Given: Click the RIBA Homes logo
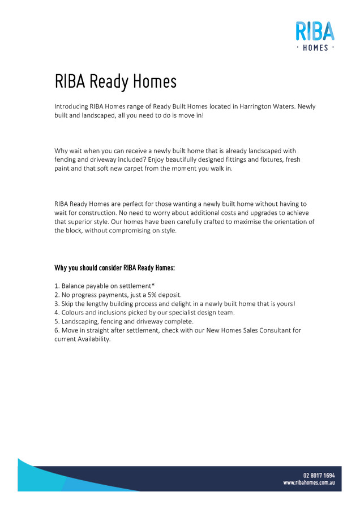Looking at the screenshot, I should pos(315,35).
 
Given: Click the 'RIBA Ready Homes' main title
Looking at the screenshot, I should pos(115,81).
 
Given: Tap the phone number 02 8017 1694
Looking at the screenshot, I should pos(319,475).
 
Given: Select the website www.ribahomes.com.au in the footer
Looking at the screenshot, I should pos(309,484).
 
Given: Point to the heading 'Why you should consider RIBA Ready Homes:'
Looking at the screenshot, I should pos(114,267).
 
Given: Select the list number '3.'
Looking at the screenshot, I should pos(57,304).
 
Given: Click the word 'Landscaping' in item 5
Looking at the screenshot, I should pos(80,321).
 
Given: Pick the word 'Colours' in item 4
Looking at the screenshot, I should pos(74,312).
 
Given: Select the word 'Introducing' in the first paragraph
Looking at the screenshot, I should pos(71,106).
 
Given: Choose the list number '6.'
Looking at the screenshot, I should pos(57,330).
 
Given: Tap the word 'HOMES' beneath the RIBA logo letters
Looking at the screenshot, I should pos(315,48).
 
